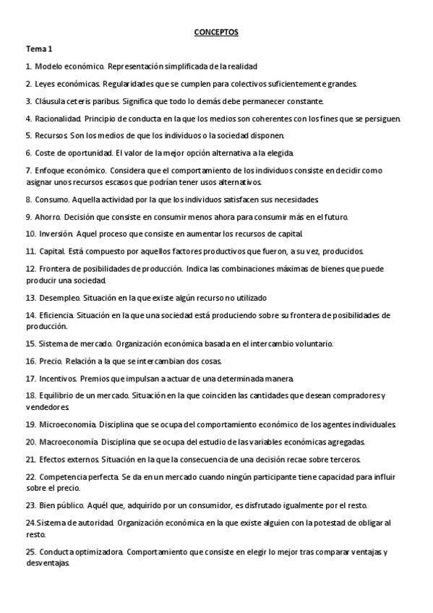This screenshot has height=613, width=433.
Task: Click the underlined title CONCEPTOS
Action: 216,33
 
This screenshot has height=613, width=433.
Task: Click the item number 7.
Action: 28,171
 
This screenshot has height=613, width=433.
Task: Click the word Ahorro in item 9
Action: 48,217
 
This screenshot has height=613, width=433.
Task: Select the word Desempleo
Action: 59,298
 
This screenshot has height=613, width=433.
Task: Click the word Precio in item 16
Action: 48,361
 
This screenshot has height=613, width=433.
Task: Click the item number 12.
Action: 30,269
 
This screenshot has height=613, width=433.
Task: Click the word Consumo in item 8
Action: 50,200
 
